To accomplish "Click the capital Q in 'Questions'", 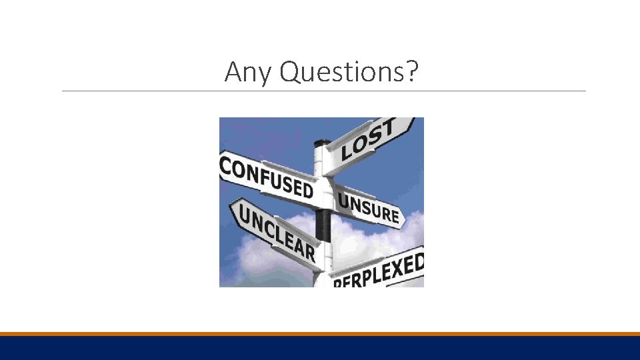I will pyautogui.click(x=291, y=71).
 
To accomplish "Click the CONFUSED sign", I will pyautogui.click(x=267, y=177).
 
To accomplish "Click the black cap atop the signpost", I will pyautogui.click(x=322, y=143).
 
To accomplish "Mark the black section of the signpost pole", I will pyautogui.click(x=323, y=224).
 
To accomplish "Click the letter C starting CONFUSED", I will pyautogui.click(x=227, y=165).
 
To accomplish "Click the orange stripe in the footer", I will pyautogui.click(x=320, y=334).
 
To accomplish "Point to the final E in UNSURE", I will pyautogui.click(x=395, y=216).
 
